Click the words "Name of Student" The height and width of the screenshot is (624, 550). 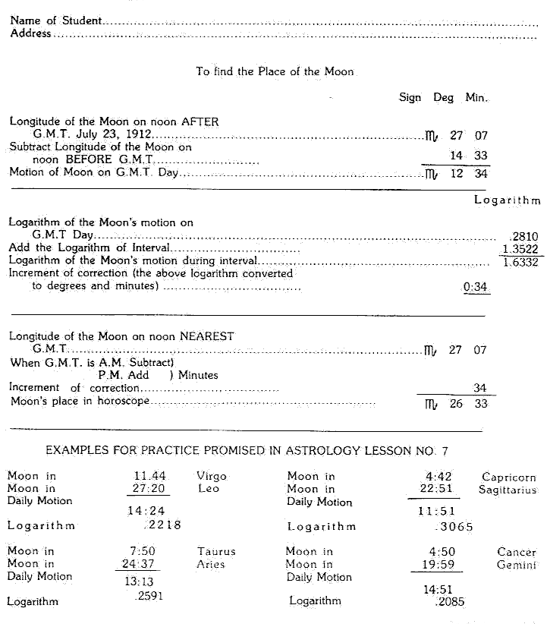point(55,20)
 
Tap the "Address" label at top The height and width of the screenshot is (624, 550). point(30,33)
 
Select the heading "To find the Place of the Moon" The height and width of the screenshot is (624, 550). point(275,71)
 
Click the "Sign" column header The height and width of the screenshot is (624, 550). point(410,98)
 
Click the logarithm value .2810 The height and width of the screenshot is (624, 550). point(526,236)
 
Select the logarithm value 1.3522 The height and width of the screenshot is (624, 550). point(521,249)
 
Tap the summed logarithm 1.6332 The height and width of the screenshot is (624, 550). point(521,262)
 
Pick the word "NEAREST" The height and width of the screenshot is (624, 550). point(207,336)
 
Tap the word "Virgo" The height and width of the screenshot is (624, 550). point(212,477)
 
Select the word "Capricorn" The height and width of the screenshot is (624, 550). point(509,477)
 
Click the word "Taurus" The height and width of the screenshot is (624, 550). point(216,552)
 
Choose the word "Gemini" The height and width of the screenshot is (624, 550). point(517,566)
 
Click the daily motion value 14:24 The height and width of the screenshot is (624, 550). point(146,511)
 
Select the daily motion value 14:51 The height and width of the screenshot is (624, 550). point(440,589)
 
